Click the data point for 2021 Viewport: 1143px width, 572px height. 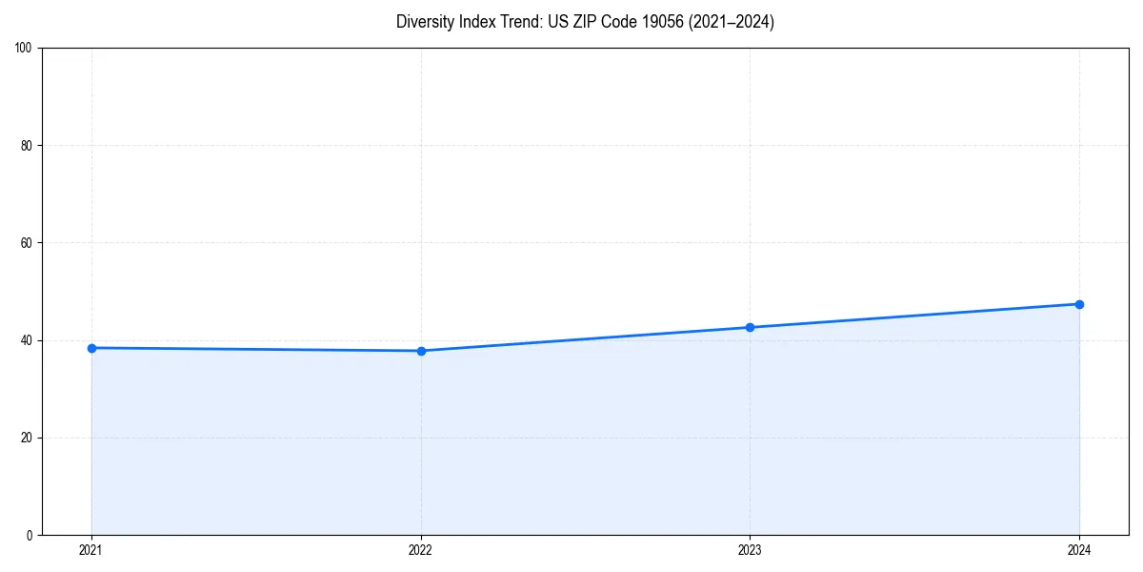coord(91,348)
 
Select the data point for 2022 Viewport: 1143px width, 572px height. coord(421,351)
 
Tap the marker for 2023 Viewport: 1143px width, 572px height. coord(750,327)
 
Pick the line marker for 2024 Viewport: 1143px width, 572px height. coord(1079,304)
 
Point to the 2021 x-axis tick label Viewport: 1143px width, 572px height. coord(91,550)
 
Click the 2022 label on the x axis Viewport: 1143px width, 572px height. coord(421,550)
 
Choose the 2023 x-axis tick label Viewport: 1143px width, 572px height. coord(750,550)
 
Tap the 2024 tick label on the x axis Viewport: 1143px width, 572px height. coord(1079,550)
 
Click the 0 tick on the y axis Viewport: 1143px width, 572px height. coord(30,535)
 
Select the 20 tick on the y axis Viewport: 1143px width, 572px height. coord(27,438)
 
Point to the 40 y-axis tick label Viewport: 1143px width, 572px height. coord(27,340)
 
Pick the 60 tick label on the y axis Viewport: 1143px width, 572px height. coord(27,243)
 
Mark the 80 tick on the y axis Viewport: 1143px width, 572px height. coord(27,146)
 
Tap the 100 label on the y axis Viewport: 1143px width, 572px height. coord(24,49)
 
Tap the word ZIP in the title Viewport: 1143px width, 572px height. coord(589,22)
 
